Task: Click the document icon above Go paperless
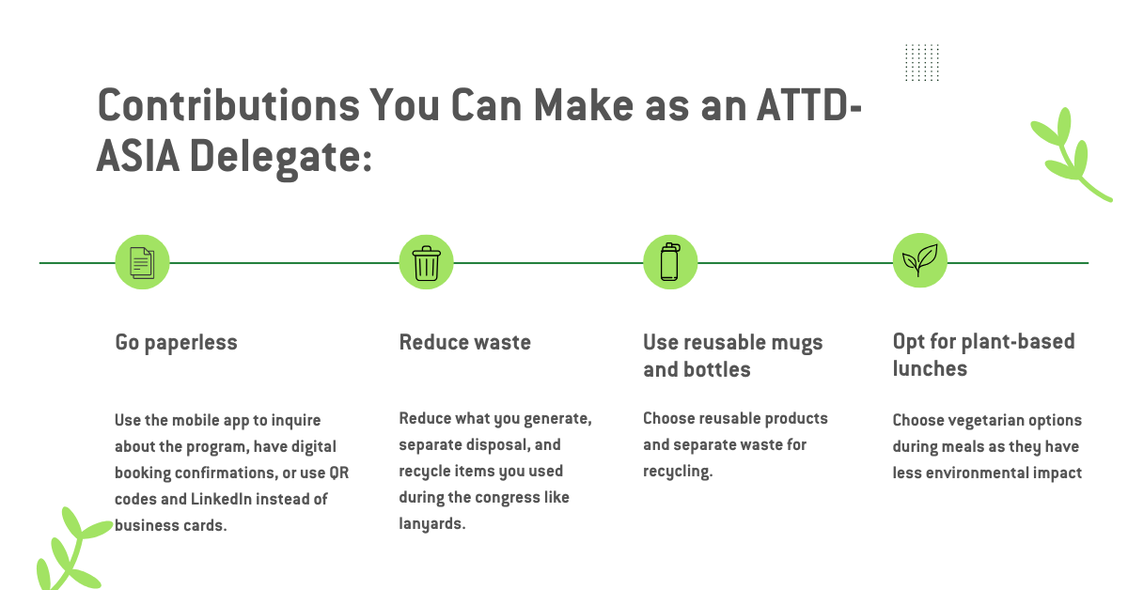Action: pyautogui.click(x=143, y=262)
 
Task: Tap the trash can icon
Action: pyautogui.click(x=427, y=263)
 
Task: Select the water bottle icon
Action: pyautogui.click(x=670, y=262)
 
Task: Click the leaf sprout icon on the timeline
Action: pyautogui.click(x=920, y=259)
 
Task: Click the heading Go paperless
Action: pyautogui.click(x=177, y=343)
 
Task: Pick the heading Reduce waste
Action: pyautogui.click(x=464, y=342)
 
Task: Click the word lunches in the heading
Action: pyautogui.click(x=930, y=368)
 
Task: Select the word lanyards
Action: pyautogui.click(x=432, y=524)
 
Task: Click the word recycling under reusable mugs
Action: pyautogui.click(x=678, y=472)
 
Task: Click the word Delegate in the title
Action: pyautogui.click(x=280, y=158)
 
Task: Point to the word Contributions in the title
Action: pyautogui.click(x=228, y=105)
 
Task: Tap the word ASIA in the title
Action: pyautogui.click(x=137, y=156)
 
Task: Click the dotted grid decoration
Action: pyautogui.click(x=922, y=62)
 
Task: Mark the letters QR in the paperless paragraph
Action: pyautogui.click(x=339, y=474)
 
